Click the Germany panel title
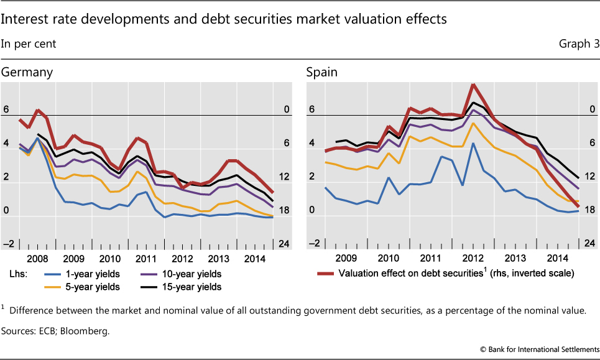coord(27,72)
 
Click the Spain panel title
coord(321,72)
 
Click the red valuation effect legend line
coord(324,274)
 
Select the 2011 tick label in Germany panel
coord(146,257)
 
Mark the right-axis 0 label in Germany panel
coord(287,110)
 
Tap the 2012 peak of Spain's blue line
coord(474,144)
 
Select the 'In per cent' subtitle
coord(29,44)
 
